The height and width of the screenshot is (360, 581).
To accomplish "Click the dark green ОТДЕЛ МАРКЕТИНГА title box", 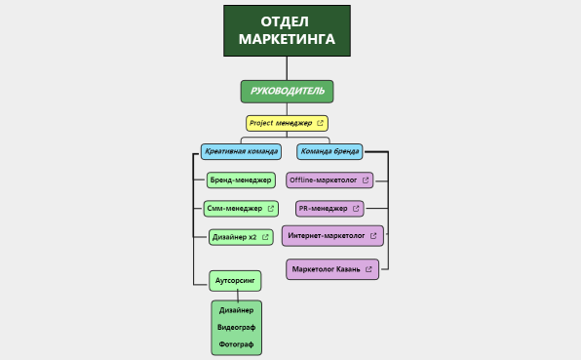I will [x=287, y=30].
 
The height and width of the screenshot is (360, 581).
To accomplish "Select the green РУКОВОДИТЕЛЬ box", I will [x=287, y=92].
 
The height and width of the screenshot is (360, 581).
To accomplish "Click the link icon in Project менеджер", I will [x=320, y=123].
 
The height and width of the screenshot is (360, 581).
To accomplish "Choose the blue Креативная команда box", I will [x=241, y=151].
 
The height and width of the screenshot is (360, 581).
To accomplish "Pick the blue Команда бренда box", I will [x=329, y=151].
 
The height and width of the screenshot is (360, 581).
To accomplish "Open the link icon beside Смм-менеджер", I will [x=270, y=208].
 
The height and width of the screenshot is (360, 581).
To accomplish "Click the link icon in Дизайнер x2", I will [x=264, y=236].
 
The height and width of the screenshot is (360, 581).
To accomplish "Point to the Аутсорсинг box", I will [x=235, y=280].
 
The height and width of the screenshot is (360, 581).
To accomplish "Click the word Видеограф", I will [x=236, y=327].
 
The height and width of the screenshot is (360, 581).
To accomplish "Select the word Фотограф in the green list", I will [x=236, y=344].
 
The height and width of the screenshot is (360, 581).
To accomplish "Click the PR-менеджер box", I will [x=324, y=208].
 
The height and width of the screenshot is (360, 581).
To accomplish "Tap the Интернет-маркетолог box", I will [x=327, y=235].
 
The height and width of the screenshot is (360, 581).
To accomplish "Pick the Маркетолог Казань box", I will [x=327, y=268].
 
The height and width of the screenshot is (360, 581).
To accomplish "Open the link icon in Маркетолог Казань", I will [x=369, y=268].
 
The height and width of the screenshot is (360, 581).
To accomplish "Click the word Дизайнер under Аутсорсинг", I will [x=236, y=310].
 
